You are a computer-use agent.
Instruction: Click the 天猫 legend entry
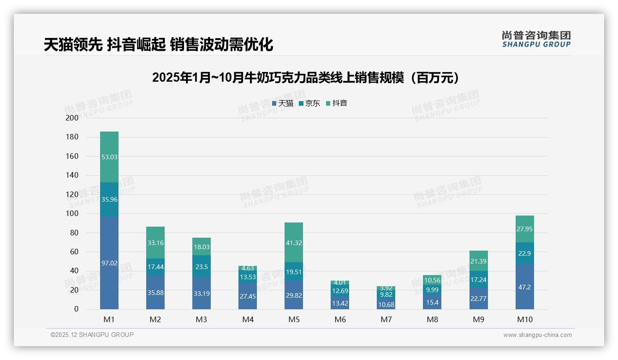point(283,103)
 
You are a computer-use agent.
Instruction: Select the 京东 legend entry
point(310,103)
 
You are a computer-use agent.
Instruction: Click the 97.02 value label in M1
point(109,263)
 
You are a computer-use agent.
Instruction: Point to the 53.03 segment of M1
point(109,157)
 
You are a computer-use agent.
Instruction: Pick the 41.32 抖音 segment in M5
point(294,243)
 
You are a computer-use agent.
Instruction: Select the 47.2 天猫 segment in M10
point(524,287)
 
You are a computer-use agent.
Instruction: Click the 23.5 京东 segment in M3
point(202,267)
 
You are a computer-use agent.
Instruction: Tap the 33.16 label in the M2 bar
point(155,243)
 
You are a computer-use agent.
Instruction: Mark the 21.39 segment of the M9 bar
point(478,261)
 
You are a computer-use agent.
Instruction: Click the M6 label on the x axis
point(340,319)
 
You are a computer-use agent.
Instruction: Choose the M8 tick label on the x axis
point(432,319)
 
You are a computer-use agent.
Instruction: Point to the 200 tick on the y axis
point(72,118)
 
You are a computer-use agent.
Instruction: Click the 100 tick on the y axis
point(72,214)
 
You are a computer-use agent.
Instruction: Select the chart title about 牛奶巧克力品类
point(306,78)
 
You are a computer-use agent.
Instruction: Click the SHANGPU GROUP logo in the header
point(536,39)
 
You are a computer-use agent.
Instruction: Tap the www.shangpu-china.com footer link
point(537,335)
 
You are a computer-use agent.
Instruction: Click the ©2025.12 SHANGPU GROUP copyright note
point(92,335)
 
